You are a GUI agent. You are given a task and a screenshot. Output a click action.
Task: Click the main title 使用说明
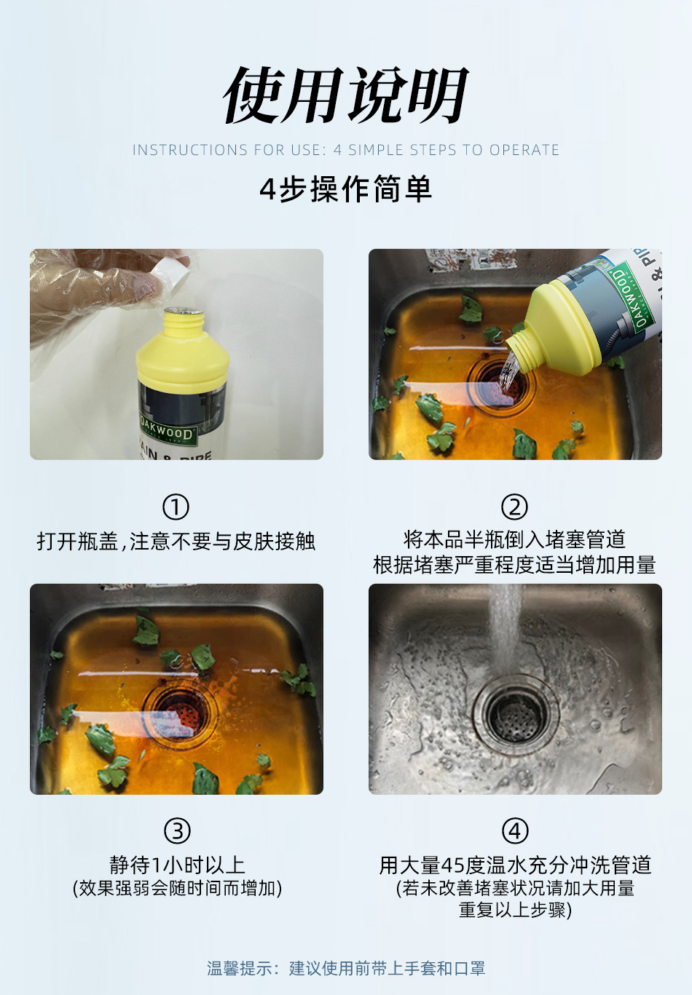(345, 95)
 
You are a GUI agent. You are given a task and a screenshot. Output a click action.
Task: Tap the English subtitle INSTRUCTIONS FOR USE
(345, 150)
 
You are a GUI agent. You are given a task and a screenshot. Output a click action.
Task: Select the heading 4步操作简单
(345, 189)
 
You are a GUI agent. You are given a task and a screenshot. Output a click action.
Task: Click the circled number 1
(176, 507)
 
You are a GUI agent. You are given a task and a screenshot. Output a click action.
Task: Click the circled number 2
(514, 507)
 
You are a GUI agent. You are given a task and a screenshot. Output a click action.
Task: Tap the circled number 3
(177, 831)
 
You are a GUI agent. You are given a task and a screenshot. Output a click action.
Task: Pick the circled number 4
(515, 831)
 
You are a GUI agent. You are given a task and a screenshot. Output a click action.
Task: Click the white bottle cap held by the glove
(170, 272)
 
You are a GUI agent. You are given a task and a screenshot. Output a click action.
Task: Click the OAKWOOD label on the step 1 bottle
(167, 432)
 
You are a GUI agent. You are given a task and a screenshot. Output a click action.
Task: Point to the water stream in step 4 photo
(505, 626)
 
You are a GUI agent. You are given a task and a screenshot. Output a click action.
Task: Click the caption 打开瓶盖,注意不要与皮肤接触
(176, 541)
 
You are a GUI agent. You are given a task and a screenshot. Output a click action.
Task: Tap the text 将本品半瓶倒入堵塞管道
(514, 539)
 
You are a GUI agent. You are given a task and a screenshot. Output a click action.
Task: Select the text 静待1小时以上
(177, 865)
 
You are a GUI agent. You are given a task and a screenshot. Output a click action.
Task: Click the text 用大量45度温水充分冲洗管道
(515, 865)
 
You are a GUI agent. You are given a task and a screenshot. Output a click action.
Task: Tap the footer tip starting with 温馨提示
(345, 968)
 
